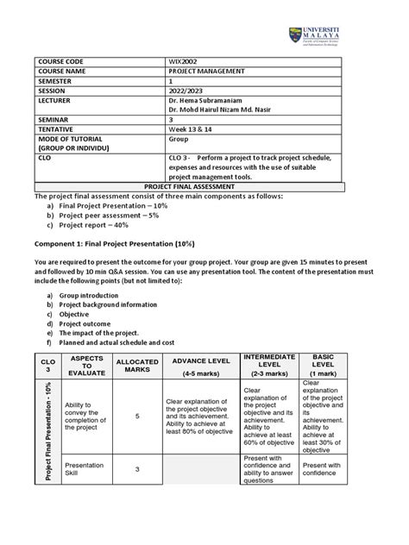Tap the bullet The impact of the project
pos(102,333)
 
